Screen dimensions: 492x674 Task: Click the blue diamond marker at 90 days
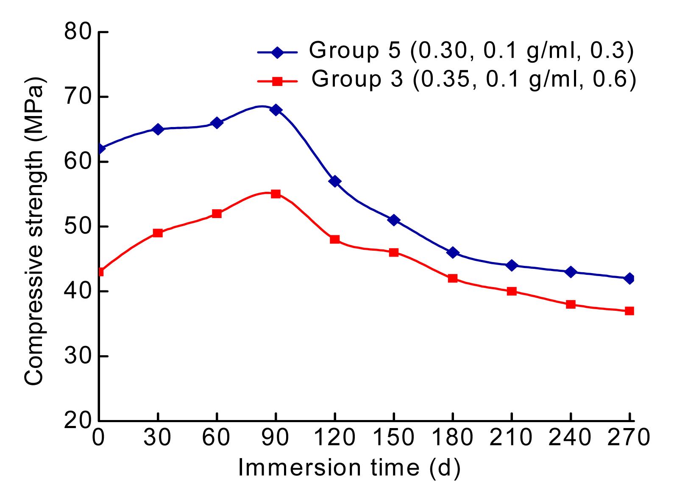point(276,110)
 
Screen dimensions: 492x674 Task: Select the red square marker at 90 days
point(276,194)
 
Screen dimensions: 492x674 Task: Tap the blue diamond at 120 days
point(335,181)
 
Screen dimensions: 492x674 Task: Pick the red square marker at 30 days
point(158,233)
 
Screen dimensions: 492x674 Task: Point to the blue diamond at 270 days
point(629,278)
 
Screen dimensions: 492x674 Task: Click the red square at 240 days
point(571,304)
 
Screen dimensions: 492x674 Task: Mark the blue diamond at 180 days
point(453,253)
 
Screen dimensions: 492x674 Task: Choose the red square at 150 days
point(394,252)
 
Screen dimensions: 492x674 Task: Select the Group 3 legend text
point(473,80)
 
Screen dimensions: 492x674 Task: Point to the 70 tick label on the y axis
point(78,97)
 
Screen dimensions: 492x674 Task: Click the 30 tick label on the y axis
point(78,356)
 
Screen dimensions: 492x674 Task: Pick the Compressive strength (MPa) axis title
point(34,231)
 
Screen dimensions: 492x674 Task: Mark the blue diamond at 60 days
point(217,123)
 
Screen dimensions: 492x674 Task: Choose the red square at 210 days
point(512,291)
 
